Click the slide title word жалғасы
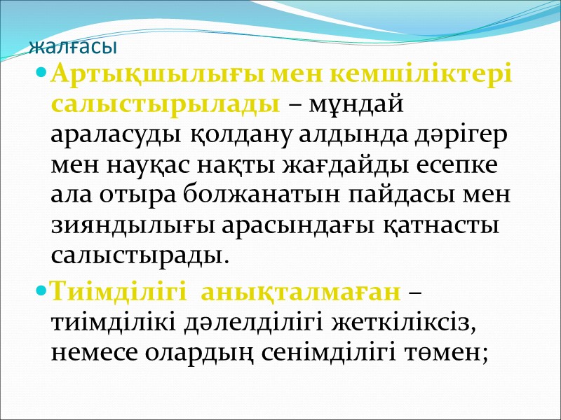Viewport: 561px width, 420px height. [74, 49]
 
